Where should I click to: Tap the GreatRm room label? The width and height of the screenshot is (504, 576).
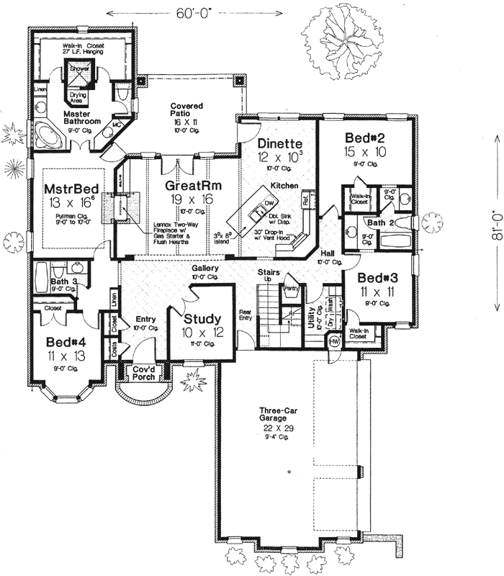191,185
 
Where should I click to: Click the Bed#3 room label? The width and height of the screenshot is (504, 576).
368,278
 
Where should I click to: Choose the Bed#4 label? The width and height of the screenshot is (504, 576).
62,343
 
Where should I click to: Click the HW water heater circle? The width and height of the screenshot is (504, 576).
334,343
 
